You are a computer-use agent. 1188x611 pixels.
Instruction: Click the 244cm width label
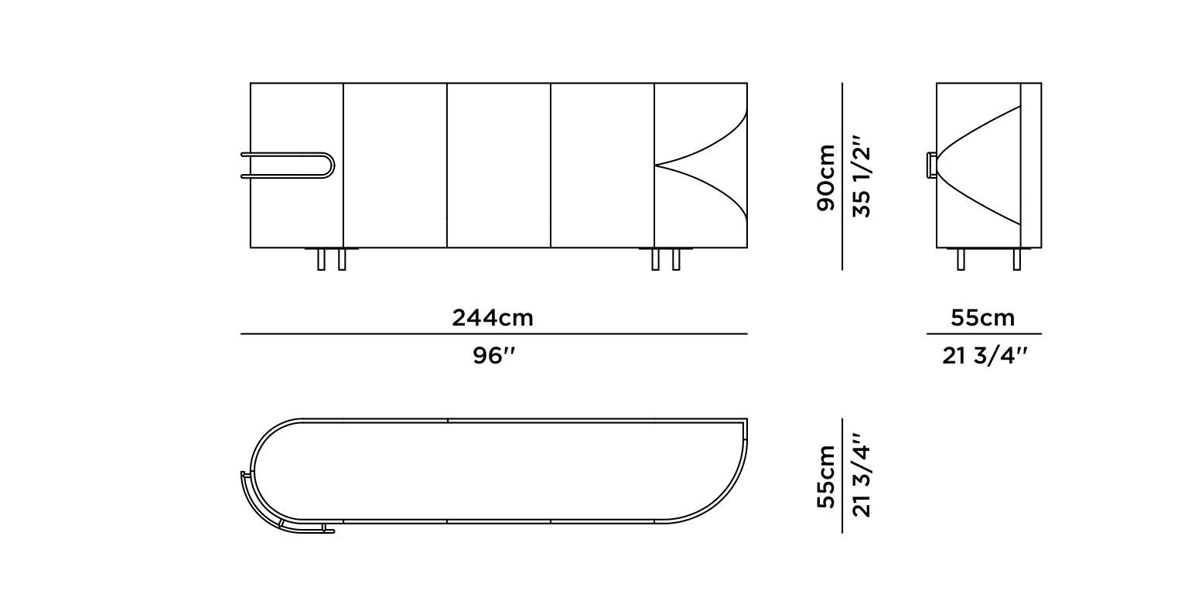tap(493, 318)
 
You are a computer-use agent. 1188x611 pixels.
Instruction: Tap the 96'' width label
tap(493, 357)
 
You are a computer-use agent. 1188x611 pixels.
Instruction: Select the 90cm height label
tap(826, 177)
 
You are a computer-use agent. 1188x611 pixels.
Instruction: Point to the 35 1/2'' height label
tap(861, 177)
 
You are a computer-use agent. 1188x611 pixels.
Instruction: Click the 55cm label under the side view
tap(982, 318)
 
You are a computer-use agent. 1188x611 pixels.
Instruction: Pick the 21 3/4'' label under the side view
tap(985, 357)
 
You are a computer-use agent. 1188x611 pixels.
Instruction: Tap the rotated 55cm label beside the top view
tap(826, 476)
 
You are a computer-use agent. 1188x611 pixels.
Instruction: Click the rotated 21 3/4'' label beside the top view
tap(861, 476)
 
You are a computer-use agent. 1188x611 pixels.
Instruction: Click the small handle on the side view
tap(930, 166)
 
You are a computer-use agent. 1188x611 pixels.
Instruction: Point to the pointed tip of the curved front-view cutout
tap(657, 165)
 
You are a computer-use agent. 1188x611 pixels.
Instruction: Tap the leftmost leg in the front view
tap(321, 259)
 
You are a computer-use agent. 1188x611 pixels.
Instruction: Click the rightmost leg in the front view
tap(676, 259)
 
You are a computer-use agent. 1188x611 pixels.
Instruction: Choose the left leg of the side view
tap(961, 259)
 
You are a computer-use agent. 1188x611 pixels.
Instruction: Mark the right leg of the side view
tap(1017, 259)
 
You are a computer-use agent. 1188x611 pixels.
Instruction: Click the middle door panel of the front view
tap(499, 166)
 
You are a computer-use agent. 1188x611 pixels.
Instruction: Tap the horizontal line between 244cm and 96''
tap(493, 334)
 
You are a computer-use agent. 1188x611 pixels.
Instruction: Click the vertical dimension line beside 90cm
tap(842, 177)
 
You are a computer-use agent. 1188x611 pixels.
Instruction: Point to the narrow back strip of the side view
tap(1031, 166)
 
